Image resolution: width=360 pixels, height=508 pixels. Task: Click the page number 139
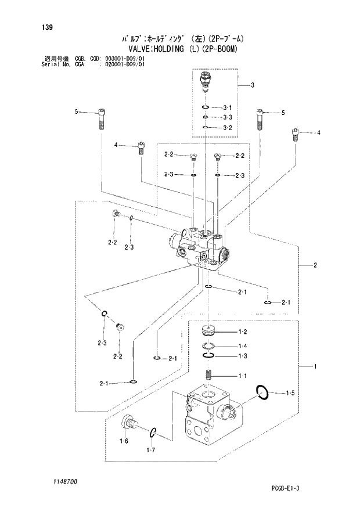click(39, 26)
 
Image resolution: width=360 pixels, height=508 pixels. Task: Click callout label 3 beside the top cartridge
click(253, 85)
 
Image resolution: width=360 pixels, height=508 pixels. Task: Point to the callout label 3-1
click(227, 108)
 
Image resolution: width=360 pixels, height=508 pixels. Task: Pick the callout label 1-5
click(290, 394)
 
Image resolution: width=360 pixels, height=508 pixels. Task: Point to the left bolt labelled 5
click(101, 120)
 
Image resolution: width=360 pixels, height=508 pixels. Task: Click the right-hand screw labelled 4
click(296, 135)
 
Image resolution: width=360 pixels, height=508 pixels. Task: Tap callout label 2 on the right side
click(314, 266)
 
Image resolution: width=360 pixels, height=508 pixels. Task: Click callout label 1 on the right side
click(314, 366)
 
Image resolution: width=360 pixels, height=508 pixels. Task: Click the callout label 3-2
click(227, 128)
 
